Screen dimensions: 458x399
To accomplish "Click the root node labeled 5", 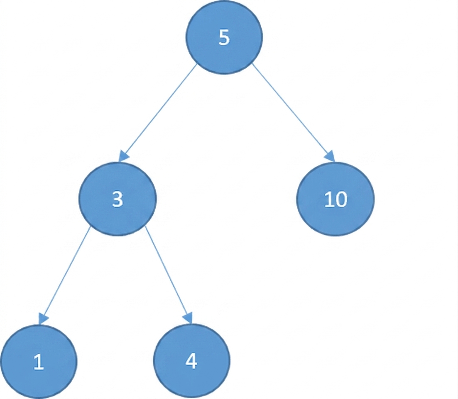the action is [x=224, y=37].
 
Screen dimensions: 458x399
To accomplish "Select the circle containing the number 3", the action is [x=118, y=199].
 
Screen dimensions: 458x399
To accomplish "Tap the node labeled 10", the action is [x=336, y=199].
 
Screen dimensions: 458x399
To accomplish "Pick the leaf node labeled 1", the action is [x=39, y=361].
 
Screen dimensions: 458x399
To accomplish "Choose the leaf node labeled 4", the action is [x=192, y=361].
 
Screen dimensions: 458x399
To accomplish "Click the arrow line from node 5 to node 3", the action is [x=158, y=113].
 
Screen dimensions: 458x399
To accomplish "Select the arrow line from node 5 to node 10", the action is [x=293, y=113].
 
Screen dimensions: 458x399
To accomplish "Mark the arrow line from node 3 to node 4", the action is [x=169, y=275].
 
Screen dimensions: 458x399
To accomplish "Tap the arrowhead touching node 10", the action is [x=330, y=156].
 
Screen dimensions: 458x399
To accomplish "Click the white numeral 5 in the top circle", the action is [x=224, y=37].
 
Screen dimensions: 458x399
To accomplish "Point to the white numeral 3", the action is [x=118, y=199].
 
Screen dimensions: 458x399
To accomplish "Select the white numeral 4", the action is [x=191, y=361].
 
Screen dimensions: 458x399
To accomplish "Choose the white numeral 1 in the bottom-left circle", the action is [x=39, y=362].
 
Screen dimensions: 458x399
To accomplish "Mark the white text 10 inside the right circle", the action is [x=336, y=200].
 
